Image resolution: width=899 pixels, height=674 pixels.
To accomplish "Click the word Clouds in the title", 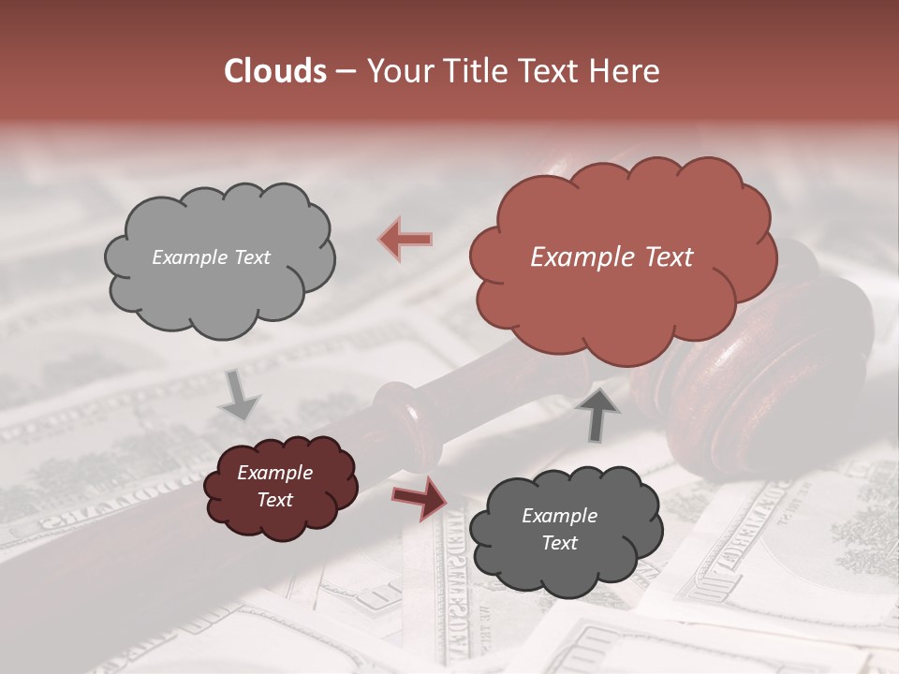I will (274, 71).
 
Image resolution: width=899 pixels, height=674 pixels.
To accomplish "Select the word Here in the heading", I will (626, 71).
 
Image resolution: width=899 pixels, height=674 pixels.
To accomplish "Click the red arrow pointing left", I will (405, 239).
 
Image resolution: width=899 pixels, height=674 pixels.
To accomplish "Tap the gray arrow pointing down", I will (240, 397).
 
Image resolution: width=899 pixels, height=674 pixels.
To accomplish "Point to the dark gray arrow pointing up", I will (598, 413).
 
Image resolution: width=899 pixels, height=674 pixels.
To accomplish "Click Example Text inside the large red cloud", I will (612, 257).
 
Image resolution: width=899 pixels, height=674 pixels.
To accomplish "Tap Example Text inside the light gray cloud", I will (211, 257).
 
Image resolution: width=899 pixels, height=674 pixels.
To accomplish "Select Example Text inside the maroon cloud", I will (274, 487).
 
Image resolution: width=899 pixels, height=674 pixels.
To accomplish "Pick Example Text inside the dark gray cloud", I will (559, 529).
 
